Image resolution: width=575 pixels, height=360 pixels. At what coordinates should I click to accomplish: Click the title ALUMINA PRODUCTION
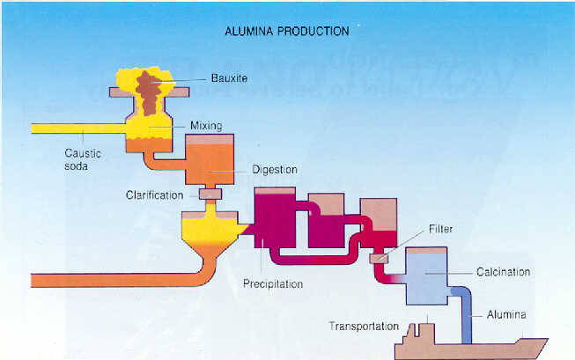tap(287, 31)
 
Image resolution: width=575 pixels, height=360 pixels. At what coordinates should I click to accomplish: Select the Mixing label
tap(207, 126)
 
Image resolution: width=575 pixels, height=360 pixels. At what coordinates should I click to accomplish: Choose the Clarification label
tap(155, 195)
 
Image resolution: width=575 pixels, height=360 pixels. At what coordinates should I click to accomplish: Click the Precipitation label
tap(273, 284)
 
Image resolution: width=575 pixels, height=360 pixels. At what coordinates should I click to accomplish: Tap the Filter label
tap(440, 227)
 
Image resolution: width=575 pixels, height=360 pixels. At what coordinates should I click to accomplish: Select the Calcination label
tap(504, 272)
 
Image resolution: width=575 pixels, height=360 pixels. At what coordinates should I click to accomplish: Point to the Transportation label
tap(365, 326)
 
